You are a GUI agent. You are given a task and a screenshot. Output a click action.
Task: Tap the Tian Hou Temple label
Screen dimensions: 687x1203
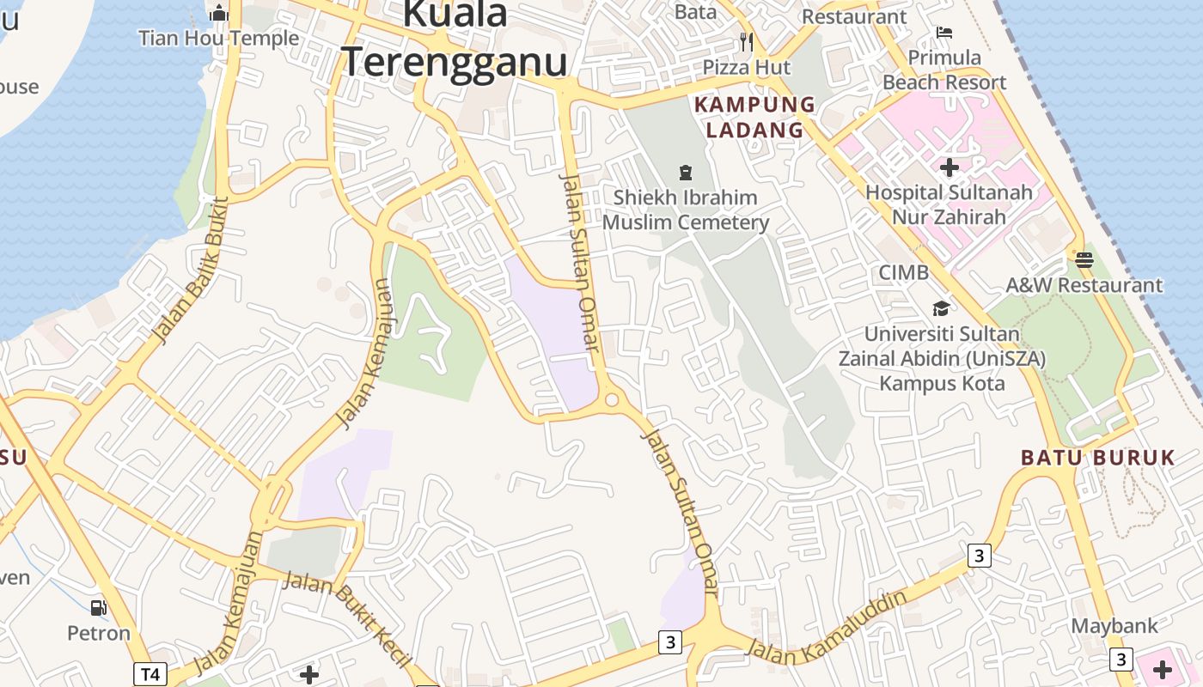coord(218,38)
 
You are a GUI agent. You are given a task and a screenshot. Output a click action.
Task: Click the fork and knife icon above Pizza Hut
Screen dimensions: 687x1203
coord(746,41)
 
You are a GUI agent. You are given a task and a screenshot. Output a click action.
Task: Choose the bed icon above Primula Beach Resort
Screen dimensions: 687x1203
coord(944,33)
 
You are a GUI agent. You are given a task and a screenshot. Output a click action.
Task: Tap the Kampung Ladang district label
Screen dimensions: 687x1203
coord(754,117)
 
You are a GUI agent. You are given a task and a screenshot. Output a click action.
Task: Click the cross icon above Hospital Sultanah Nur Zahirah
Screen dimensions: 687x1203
coord(949,167)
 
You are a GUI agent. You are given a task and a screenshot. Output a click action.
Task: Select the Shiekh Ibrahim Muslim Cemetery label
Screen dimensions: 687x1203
coord(685,210)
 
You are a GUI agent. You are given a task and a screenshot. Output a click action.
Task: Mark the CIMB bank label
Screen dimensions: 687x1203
coord(903,272)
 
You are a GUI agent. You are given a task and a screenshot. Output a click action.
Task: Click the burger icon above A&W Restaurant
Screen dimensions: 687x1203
coord(1084,259)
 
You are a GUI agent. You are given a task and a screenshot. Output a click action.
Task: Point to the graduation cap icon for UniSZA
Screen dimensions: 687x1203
coord(942,308)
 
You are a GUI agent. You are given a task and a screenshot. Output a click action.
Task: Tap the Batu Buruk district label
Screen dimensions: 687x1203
coord(1097,457)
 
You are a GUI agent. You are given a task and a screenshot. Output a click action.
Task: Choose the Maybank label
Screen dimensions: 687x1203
coord(1114,626)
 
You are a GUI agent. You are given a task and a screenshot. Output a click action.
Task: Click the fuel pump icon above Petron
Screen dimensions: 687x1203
coord(99,608)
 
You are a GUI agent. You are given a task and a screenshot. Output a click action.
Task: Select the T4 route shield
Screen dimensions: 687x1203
coord(150,674)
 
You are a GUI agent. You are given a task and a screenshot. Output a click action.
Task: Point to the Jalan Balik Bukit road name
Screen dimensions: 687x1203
coord(189,269)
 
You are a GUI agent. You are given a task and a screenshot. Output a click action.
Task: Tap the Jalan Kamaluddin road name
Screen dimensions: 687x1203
coord(827,628)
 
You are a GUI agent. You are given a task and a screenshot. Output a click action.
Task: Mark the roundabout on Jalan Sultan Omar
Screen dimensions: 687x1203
coord(612,399)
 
